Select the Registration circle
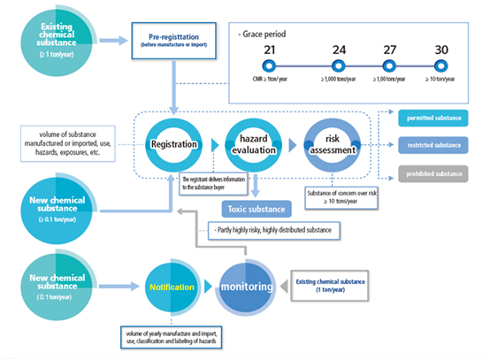(173, 143)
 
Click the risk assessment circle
(333, 143)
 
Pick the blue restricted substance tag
(435, 145)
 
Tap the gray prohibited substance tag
(435, 173)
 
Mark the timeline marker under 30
(440, 66)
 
